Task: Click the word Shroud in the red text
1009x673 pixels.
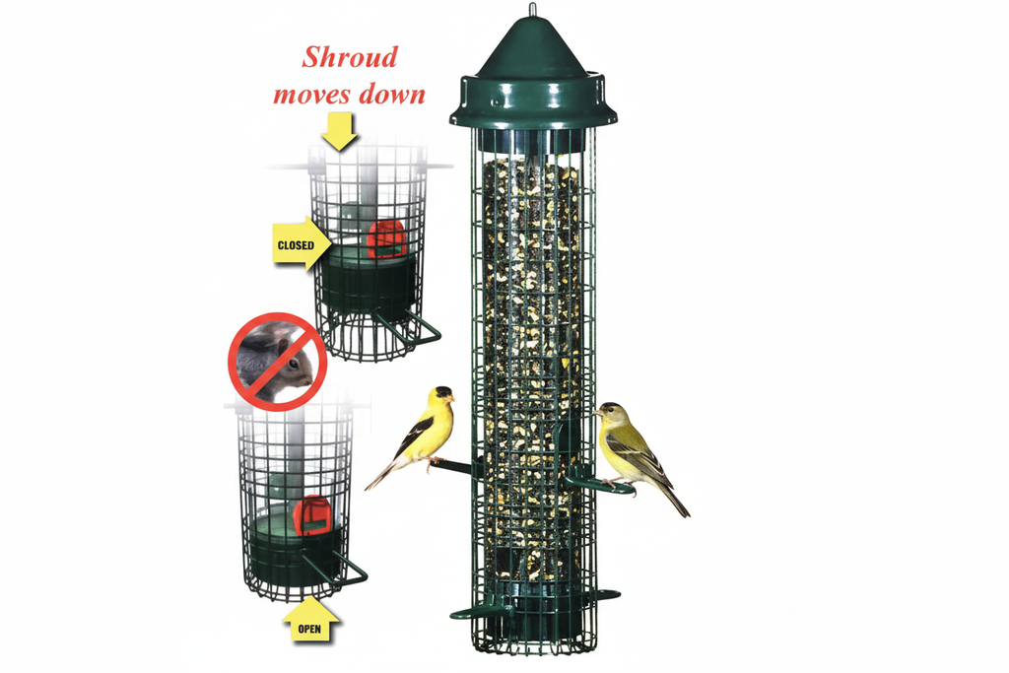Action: click(x=350, y=57)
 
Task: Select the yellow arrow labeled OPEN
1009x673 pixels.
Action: click(x=310, y=620)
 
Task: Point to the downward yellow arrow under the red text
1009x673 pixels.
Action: click(x=339, y=131)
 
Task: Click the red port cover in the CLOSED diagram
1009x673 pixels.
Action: click(x=386, y=238)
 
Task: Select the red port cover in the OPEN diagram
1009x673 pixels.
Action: click(x=312, y=514)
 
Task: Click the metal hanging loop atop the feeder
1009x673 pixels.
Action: click(x=532, y=9)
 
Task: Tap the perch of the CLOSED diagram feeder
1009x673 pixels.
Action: click(x=409, y=327)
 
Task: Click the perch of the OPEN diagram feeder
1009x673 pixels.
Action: click(x=336, y=569)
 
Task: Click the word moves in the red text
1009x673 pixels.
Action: click(x=312, y=95)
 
